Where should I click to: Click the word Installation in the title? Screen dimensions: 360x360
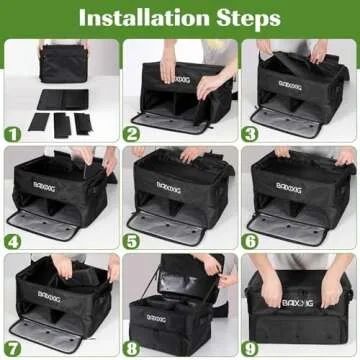(x=140, y=17)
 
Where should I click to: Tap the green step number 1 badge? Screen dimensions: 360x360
(x=13, y=132)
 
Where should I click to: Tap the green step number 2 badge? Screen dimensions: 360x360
(x=132, y=132)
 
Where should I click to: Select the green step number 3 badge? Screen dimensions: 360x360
(x=251, y=132)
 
